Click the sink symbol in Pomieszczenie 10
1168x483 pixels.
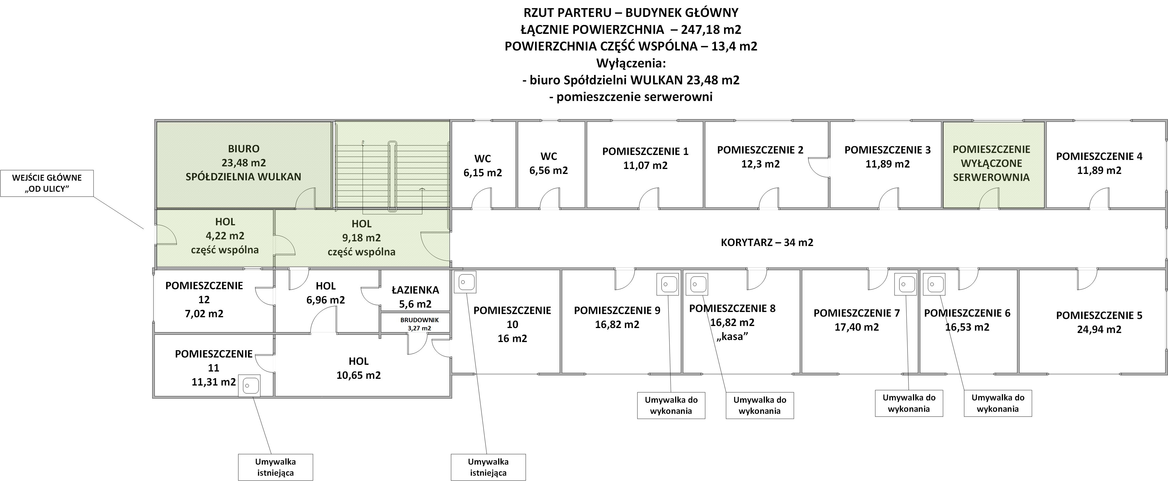(464, 282)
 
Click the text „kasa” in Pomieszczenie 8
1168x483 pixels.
(732, 336)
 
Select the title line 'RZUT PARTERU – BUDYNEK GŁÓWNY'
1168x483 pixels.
(631, 12)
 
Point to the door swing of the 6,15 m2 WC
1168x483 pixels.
(482, 198)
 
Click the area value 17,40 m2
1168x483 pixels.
(856, 327)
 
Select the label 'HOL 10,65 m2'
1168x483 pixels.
(358, 368)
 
